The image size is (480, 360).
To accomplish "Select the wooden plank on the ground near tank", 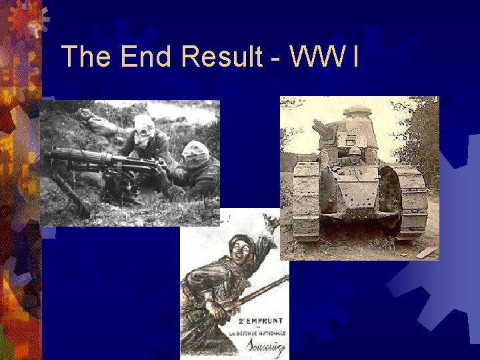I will click(x=427, y=252).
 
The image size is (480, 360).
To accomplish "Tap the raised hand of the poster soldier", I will click(x=270, y=223).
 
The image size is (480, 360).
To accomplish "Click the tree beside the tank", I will click(x=420, y=140).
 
